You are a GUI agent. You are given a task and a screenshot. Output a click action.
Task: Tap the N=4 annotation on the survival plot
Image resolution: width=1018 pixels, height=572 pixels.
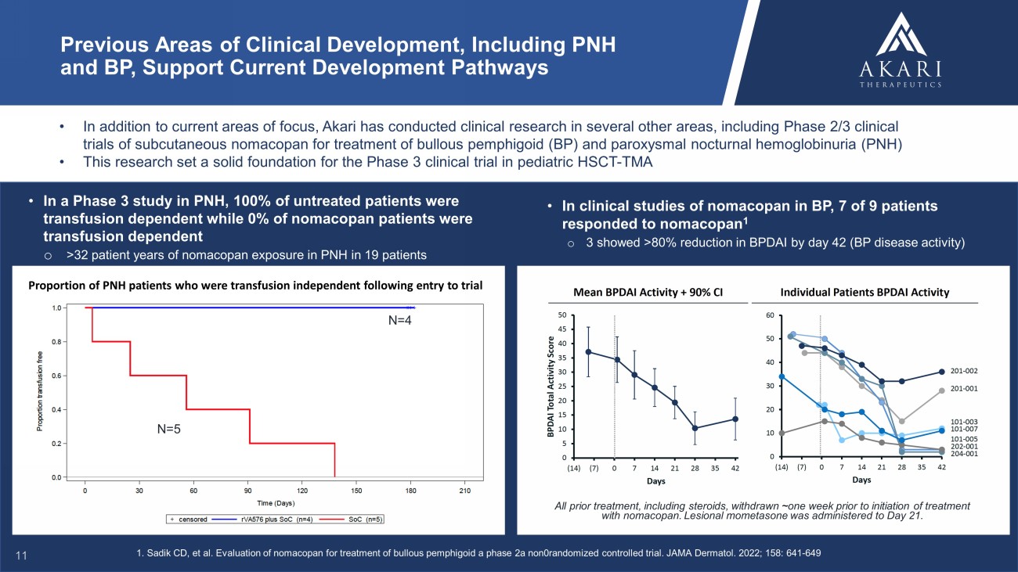403,322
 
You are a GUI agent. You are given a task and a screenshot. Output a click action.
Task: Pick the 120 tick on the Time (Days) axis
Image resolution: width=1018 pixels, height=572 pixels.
302,491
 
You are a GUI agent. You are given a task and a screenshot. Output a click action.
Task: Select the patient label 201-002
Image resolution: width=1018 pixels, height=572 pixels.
963,371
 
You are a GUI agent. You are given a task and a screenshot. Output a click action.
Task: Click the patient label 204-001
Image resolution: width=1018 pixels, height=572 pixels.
963,454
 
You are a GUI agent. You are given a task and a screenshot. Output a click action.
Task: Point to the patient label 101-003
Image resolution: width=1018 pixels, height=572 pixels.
963,422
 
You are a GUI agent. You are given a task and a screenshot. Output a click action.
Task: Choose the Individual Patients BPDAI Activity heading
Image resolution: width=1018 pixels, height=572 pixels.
865,292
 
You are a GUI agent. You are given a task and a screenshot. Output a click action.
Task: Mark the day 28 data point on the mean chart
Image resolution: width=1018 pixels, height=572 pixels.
695,428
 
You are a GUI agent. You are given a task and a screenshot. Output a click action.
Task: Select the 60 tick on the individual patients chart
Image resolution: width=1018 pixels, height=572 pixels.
771,315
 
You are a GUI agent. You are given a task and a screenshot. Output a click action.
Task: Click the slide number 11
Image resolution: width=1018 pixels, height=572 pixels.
22,555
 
